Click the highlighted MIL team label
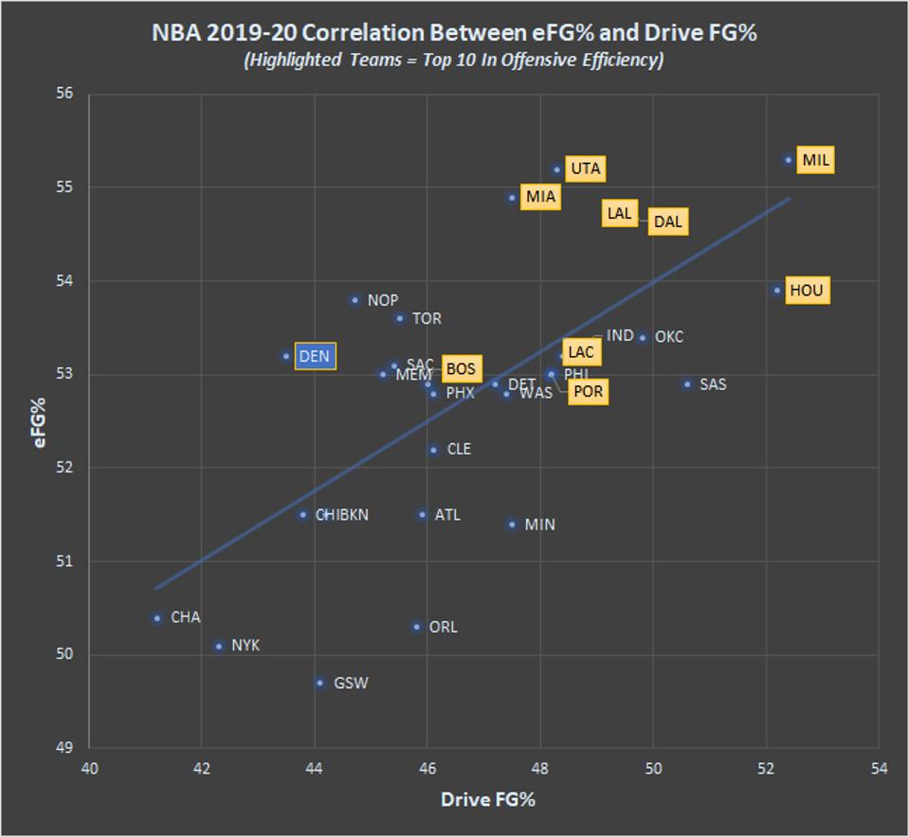point(815,160)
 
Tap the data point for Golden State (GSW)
point(320,683)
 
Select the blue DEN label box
point(315,357)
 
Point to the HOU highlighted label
point(806,290)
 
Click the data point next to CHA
point(157,618)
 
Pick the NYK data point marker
point(219,647)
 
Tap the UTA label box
point(586,169)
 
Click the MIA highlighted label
point(540,197)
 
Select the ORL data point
point(416,627)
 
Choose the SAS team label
point(713,384)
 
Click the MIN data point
point(512,525)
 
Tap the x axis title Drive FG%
point(487,800)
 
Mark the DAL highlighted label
point(667,222)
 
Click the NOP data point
point(355,300)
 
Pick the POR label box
point(588,392)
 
